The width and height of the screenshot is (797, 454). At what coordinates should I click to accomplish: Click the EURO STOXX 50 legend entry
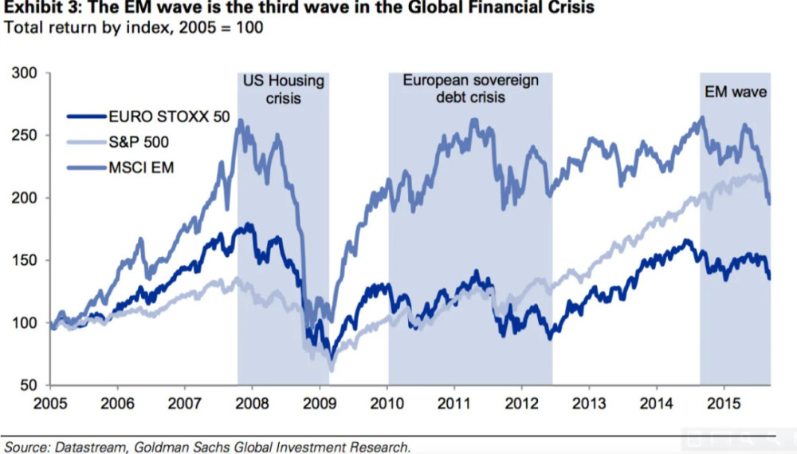[x=168, y=116]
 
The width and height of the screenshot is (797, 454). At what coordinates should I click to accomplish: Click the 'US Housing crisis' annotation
[x=283, y=89]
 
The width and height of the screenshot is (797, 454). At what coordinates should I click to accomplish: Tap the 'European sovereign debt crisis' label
[x=470, y=89]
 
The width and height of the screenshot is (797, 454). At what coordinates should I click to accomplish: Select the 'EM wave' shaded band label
[x=736, y=92]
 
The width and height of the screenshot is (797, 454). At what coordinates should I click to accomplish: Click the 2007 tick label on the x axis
[x=185, y=402]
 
